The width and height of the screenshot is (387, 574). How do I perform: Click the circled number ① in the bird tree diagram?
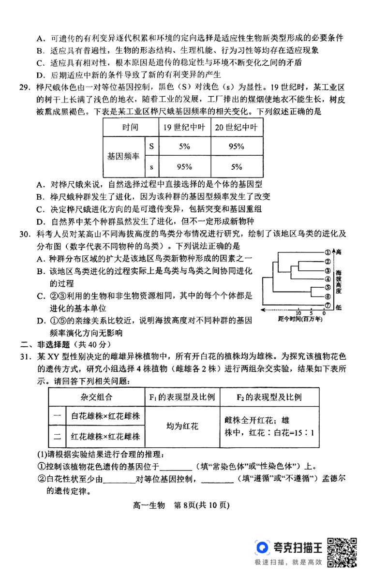[327, 252]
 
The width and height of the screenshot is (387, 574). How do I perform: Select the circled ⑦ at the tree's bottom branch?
[327, 305]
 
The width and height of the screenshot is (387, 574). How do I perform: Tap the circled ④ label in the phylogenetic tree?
[327, 279]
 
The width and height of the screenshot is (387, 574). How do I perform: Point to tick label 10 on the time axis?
[298, 313]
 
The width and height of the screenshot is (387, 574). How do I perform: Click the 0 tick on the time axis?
[323, 313]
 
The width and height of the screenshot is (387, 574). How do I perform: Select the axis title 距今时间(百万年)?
[298, 320]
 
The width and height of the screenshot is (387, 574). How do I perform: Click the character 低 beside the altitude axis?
[339, 307]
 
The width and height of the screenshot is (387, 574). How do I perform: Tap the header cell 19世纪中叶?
[183, 128]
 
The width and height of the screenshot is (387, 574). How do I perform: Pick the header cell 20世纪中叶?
[236, 128]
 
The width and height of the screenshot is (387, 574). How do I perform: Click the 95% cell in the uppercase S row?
[236, 147]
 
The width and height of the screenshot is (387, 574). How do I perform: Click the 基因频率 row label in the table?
[123, 157]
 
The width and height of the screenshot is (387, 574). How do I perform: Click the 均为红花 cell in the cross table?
[182, 426]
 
